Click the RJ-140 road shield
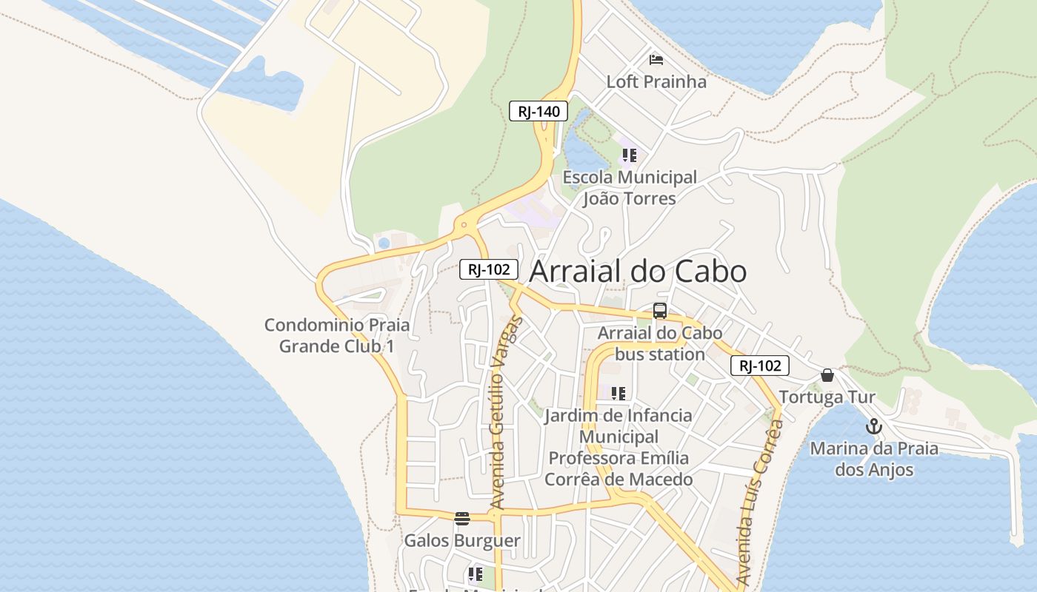coord(538,112)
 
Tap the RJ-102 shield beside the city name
coord(488,269)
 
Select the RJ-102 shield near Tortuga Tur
coord(759,366)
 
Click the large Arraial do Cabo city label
coord(638,272)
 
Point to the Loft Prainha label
coord(656,81)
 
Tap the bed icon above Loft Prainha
coord(656,59)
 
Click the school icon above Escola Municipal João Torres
coord(629,155)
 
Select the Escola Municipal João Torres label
coord(630,188)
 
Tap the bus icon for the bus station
coord(659,311)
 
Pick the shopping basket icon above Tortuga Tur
coord(827,375)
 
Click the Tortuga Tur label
coord(827,397)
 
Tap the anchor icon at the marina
coord(874,426)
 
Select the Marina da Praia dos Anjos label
coord(874,459)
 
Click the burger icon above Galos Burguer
coord(462,518)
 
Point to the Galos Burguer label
coord(462,541)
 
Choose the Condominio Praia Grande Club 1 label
coord(337,335)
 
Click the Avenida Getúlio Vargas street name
coord(506,414)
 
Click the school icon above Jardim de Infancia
coord(618,393)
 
